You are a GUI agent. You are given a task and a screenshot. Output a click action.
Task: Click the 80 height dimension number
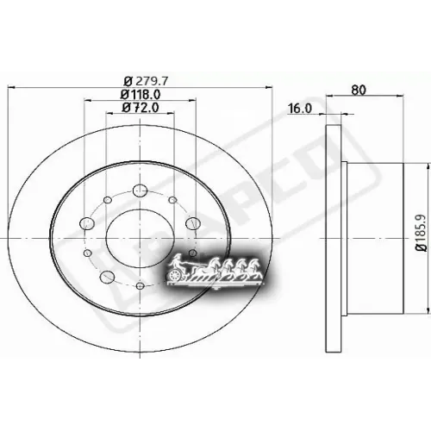coord(360,88)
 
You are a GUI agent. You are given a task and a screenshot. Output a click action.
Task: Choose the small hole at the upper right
coord(174,202)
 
